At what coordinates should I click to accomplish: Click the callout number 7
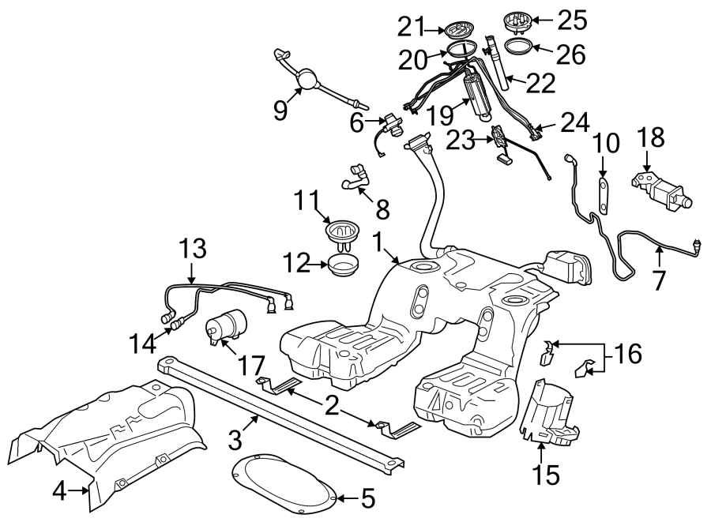659,279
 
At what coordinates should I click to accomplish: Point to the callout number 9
280,110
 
